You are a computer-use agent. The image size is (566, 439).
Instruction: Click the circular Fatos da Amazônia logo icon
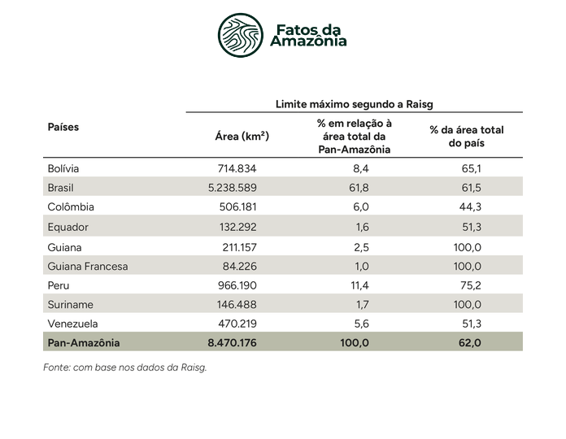tap(241, 35)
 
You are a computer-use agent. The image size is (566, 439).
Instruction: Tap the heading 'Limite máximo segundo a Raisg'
tap(354, 104)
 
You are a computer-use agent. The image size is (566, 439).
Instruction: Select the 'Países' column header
tap(63, 127)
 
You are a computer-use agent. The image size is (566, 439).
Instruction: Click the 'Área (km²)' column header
tap(242, 137)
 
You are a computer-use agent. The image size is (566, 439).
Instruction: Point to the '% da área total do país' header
tap(466, 137)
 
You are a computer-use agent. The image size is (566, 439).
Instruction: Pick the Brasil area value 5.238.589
tap(233, 188)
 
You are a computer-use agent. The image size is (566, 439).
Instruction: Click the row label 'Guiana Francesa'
tap(88, 266)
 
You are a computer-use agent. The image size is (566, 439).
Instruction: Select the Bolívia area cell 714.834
tap(237, 168)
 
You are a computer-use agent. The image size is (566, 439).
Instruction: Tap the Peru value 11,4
tap(360, 285)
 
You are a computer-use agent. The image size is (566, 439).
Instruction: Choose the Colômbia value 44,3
tap(470, 206)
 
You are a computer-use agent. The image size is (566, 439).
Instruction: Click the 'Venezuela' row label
tap(72, 324)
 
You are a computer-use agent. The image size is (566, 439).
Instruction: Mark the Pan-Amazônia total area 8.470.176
tap(232, 343)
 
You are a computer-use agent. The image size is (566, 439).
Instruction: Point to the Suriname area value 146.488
tap(237, 304)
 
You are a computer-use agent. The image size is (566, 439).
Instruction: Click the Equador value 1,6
tap(363, 227)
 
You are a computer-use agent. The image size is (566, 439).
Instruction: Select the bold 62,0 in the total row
tap(470, 343)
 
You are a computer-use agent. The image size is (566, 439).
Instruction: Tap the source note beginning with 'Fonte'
tap(125, 367)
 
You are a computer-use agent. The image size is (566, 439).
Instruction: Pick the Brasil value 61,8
tap(359, 188)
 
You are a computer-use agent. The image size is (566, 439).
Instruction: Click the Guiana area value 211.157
tap(240, 247)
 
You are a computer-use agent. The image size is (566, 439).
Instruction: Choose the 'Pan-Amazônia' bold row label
tap(84, 343)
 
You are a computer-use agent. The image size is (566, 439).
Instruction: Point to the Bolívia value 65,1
tap(472, 168)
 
